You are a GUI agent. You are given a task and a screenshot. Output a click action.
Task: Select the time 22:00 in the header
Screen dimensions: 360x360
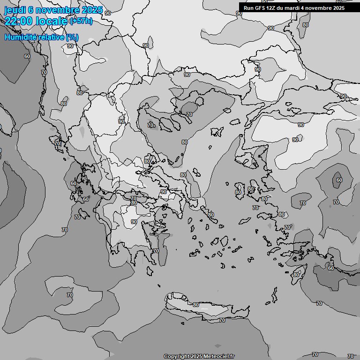coord(18,21)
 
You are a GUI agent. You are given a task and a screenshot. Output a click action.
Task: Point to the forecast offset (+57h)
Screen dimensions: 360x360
coord(81,21)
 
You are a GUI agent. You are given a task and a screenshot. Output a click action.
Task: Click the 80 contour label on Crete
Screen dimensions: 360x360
coord(196,305)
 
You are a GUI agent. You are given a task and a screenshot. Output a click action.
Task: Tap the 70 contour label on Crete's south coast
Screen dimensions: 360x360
coord(222,320)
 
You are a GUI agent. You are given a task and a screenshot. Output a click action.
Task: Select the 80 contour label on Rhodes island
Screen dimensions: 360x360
coord(296,274)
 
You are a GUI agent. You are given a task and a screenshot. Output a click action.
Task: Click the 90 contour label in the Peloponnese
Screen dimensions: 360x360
coord(134,222)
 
